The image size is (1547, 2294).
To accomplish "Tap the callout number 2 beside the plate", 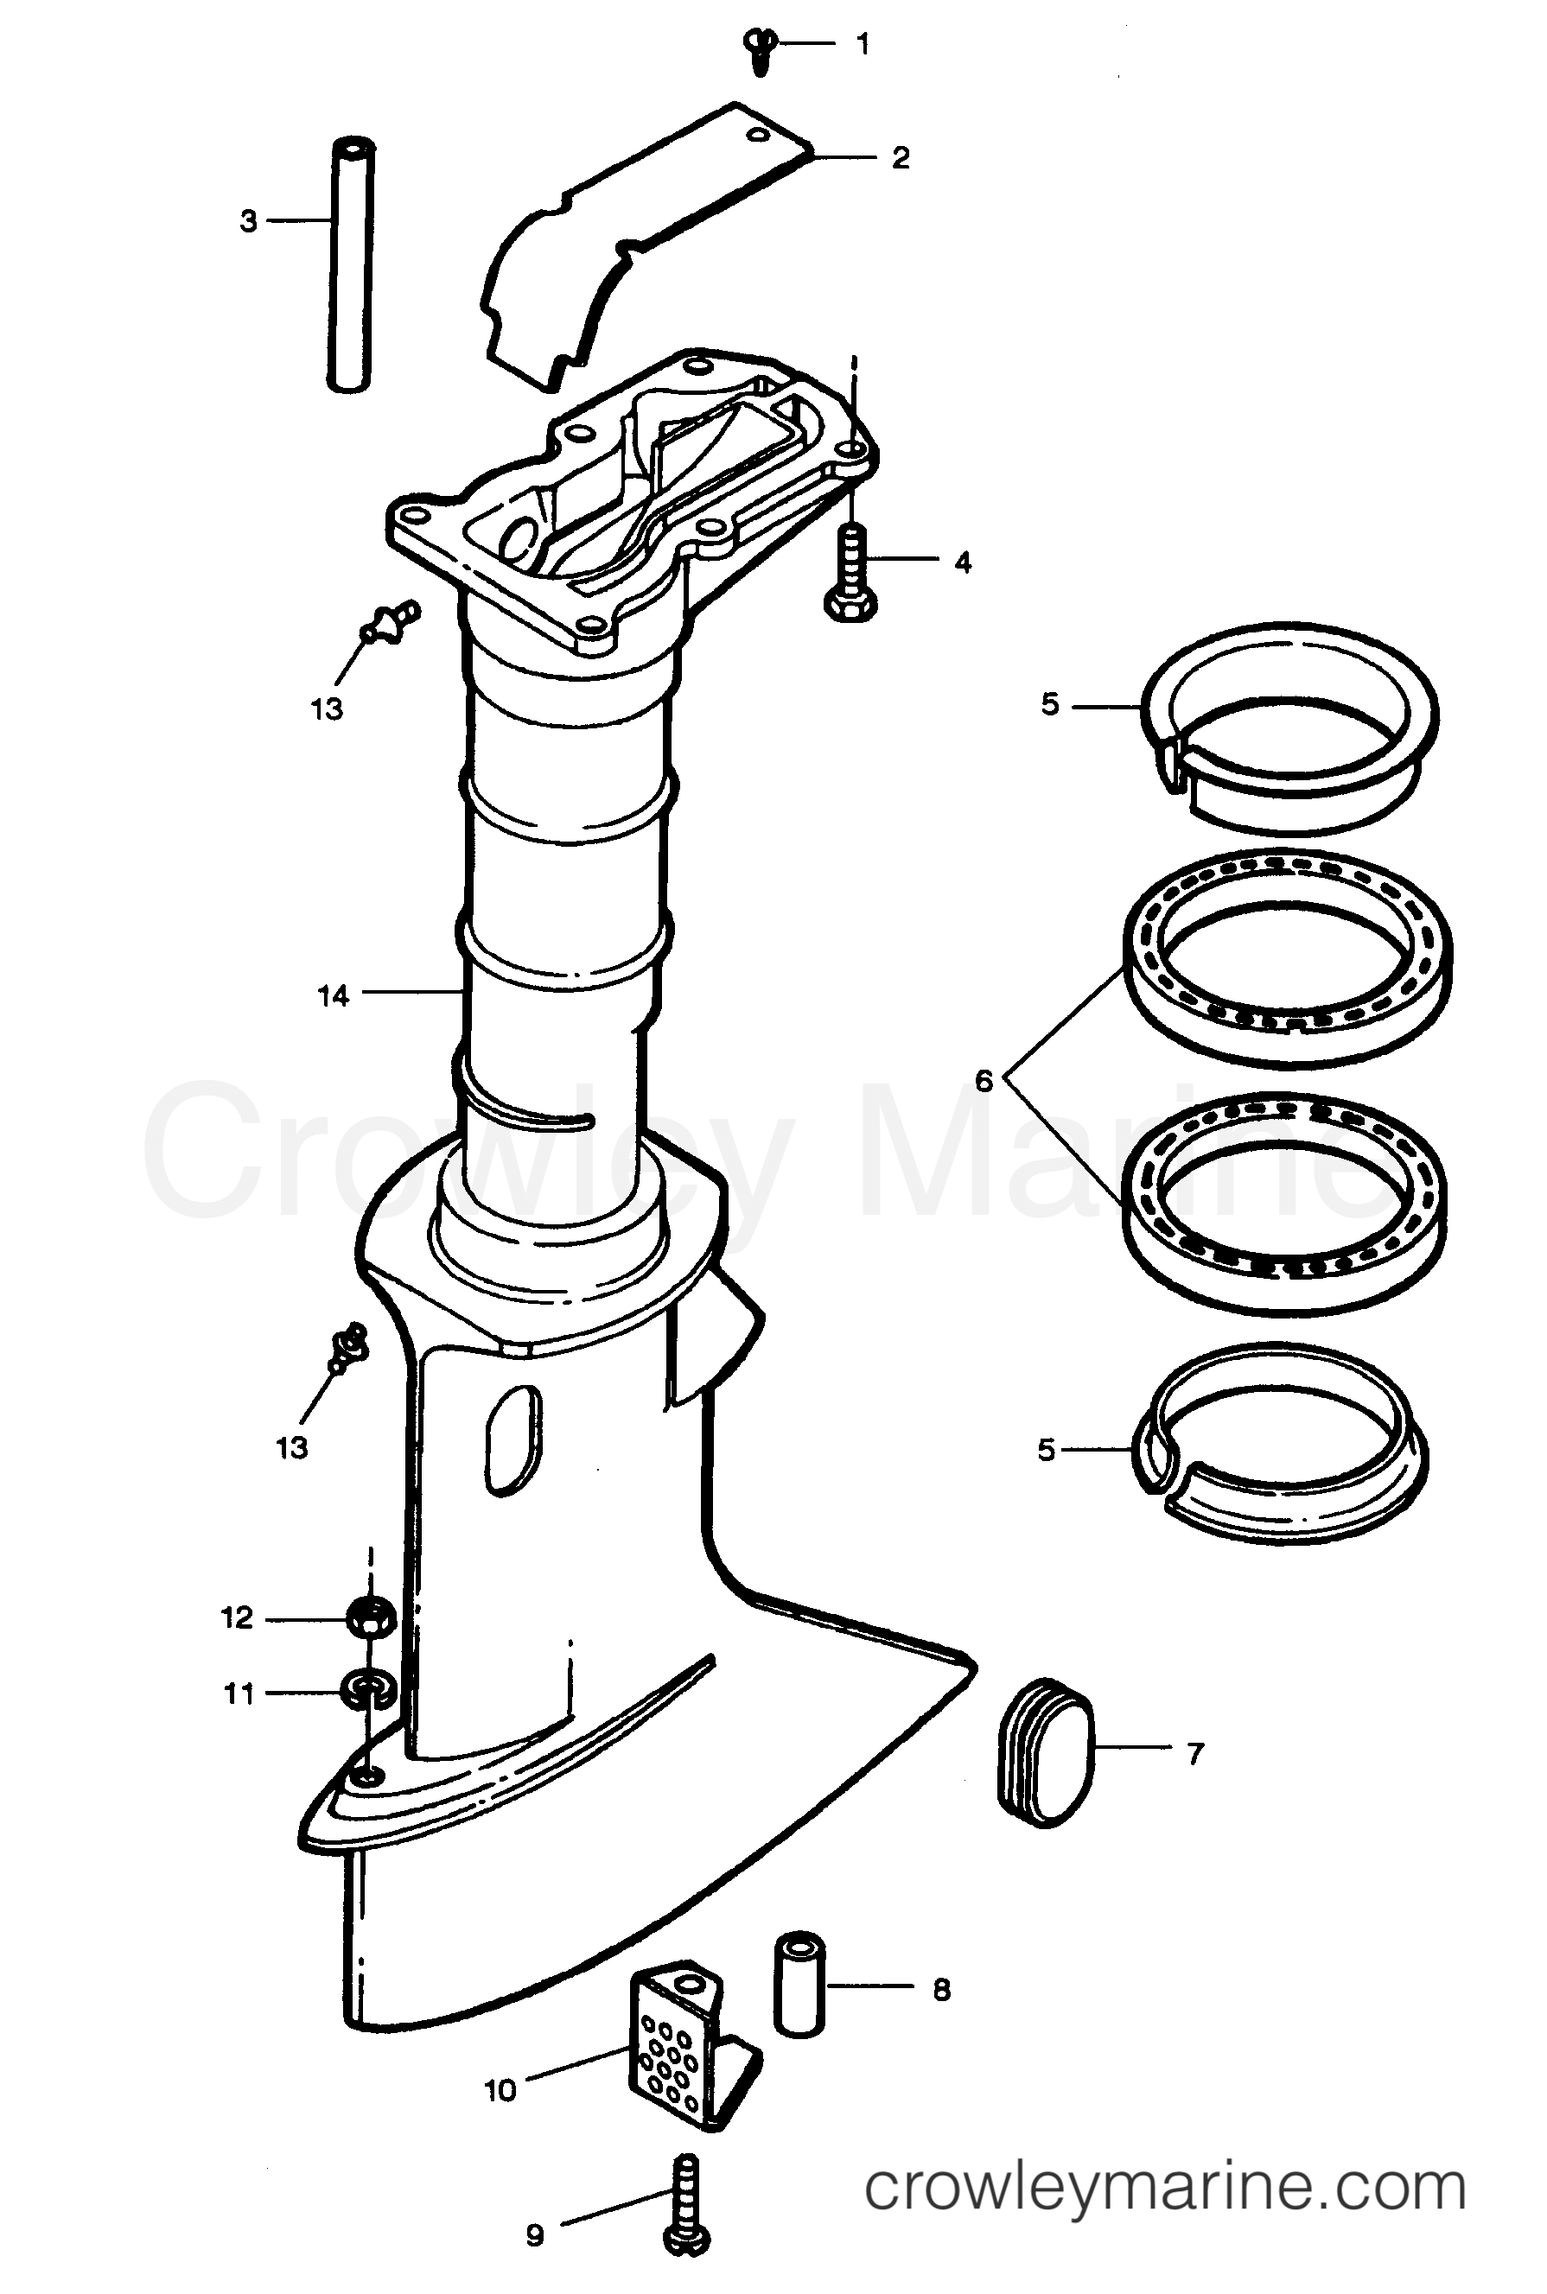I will coord(900,158).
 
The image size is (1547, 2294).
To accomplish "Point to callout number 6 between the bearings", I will coord(984,1082).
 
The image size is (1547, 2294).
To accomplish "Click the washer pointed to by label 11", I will coord(367,1692).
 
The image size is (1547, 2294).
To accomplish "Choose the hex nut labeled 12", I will coord(371,1617).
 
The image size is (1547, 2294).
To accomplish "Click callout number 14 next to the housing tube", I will coord(334,996).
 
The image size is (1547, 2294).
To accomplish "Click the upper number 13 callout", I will coord(327,709).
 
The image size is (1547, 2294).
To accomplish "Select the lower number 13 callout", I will coord(292,1449).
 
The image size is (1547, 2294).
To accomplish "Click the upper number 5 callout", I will coord(1050,704).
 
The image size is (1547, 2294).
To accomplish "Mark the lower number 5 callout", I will coord(1047,1450).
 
